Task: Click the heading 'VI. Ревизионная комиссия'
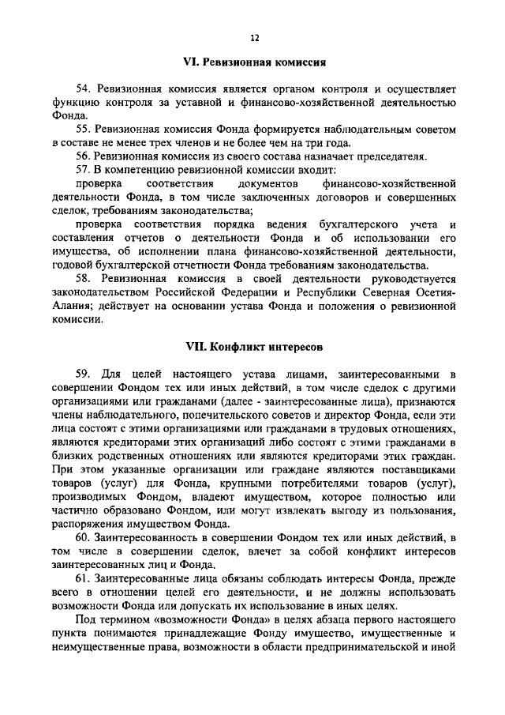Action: (x=254, y=62)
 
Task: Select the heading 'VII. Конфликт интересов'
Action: (x=253, y=346)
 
